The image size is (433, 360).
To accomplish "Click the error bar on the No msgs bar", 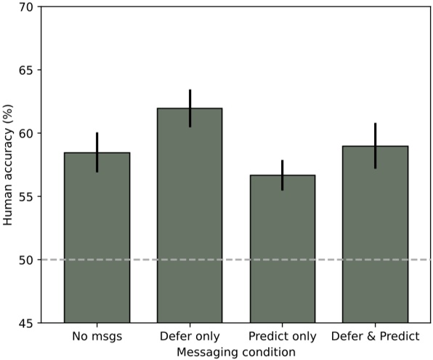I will click(x=97, y=153).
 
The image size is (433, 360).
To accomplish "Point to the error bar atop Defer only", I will click(x=190, y=108).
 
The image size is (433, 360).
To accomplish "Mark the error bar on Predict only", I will click(x=283, y=175).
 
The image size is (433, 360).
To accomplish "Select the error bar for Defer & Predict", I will click(x=375, y=146).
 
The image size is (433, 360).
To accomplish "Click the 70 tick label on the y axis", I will click(x=25, y=7).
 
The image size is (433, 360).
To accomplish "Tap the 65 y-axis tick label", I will click(x=25, y=71).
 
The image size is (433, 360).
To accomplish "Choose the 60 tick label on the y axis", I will click(x=25, y=134).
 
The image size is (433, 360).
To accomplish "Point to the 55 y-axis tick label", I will click(x=25, y=196).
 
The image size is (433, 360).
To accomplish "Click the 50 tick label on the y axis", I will click(x=25, y=260).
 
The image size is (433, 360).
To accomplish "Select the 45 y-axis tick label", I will click(x=25, y=323).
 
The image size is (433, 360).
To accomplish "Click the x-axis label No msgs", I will click(x=97, y=337).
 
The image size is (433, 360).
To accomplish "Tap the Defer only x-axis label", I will click(x=190, y=337).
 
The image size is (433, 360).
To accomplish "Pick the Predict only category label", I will click(x=283, y=337).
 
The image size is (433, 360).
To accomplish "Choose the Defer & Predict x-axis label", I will click(x=375, y=337).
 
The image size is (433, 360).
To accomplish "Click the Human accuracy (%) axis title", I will click(x=8, y=165).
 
